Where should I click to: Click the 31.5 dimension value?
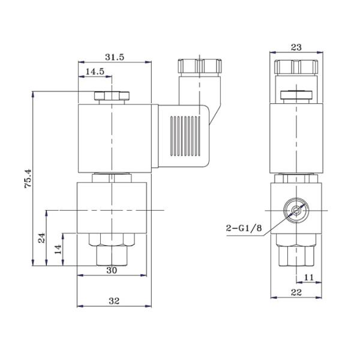[x=114, y=57]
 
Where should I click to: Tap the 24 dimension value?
[x=41, y=238]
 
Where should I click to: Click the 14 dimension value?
[x=58, y=250]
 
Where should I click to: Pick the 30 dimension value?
[x=112, y=270]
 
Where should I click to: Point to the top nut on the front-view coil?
[x=112, y=96]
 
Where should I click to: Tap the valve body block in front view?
[x=112, y=207]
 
